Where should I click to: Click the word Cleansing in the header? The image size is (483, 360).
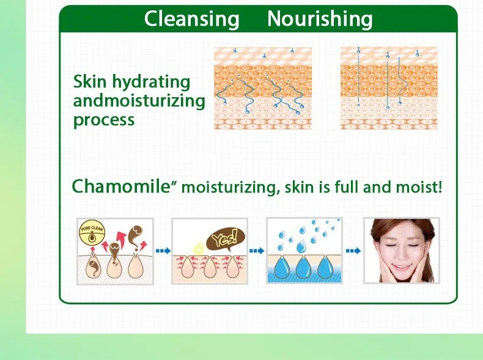pyautogui.click(x=191, y=20)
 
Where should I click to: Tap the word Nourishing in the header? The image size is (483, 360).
pyautogui.click(x=320, y=20)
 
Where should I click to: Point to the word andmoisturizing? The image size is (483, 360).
pyautogui.click(x=139, y=101)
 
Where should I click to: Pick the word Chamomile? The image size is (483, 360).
pyautogui.click(x=121, y=186)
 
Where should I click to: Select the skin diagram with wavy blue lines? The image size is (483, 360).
pyautogui.click(x=263, y=88)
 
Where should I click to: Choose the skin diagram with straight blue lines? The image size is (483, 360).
pyautogui.click(x=389, y=88)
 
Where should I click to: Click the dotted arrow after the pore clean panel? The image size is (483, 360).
pyautogui.click(x=163, y=251)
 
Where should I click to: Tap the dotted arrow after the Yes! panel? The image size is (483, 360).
pyautogui.click(x=257, y=251)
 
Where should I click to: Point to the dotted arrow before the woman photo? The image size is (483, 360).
pyautogui.click(x=353, y=251)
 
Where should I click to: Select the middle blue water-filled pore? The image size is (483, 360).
pyautogui.click(x=303, y=267)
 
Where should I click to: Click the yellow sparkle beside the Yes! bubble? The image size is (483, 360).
pyautogui.click(x=198, y=248)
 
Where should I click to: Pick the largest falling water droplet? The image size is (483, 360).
pyautogui.click(x=302, y=246)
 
